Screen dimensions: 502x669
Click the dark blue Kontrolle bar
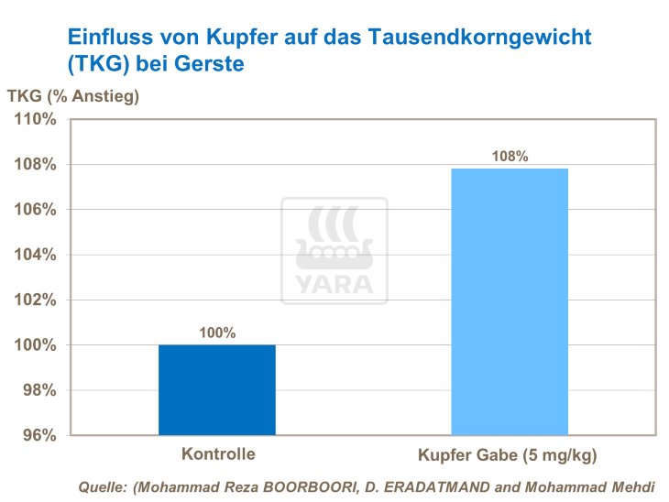pyautogui.click(x=217, y=389)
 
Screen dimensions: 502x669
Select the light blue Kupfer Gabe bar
pyautogui.click(x=510, y=301)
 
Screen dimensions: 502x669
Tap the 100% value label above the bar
pyautogui.click(x=217, y=333)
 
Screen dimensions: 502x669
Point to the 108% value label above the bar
pyautogui.click(x=510, y=157)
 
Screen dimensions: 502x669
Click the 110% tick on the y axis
pyautogui.click(x=38, y=120)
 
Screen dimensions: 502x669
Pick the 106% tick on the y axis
pyautogui.click(x=38, y=210)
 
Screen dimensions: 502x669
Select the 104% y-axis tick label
pyautogui.click(x=38, y=255)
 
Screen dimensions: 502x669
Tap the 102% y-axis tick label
pyautogui.click(x=38, y=300)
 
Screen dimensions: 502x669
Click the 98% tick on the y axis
pyautogui.click(x=41, y=390)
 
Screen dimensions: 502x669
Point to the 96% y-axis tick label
pyautogui.click(x=41, y=435)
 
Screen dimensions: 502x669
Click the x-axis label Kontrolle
pyautogui.click(x=218, y=453)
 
